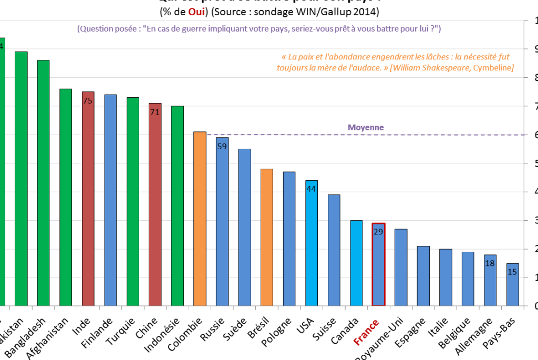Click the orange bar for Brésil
pos(267,237)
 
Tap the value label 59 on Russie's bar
pos(222,147)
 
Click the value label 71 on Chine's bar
pos(155,112)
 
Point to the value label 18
pos(490,263)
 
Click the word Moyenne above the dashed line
pos(366,127)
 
